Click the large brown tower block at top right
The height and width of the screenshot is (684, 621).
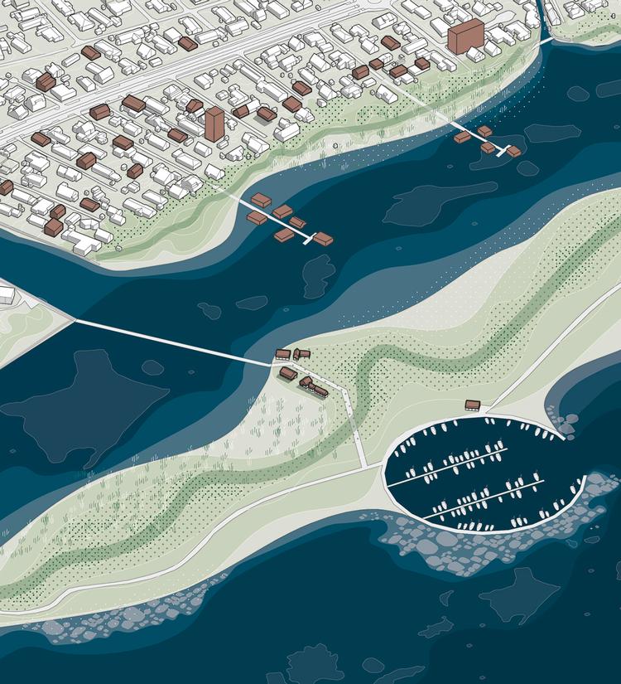[x=465, y=37]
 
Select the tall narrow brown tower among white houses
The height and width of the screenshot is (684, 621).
[x=214, y=124]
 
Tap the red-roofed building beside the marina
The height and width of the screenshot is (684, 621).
[x=473, y=405]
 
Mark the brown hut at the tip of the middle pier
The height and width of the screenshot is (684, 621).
[x=323, y=239]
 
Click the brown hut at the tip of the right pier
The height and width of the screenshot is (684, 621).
[x=513, y=151]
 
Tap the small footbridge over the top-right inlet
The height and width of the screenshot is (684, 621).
[x=546, y=38]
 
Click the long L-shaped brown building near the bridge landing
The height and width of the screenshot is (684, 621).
[x=315, y=386]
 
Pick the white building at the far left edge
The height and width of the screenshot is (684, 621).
[x=6, y=294]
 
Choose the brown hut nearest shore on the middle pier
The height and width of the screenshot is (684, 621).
[x=260, y=201]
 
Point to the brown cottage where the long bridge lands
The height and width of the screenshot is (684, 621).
[x=282, y=355]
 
